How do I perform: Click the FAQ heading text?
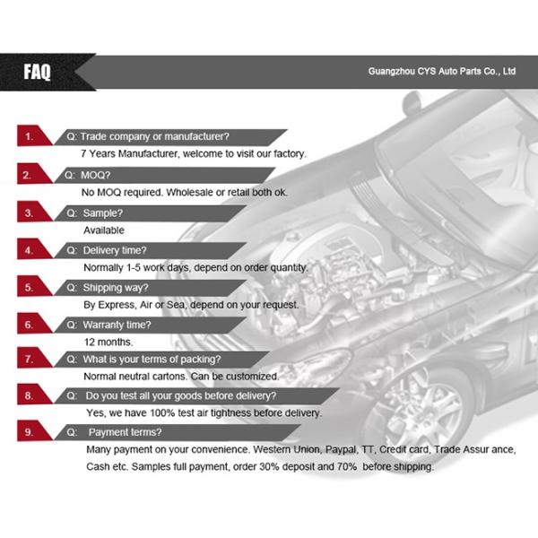point(37,72)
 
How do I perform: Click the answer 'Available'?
point(104,230)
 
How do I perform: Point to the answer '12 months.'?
point(108,342)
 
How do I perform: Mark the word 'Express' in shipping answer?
point(117,305)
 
